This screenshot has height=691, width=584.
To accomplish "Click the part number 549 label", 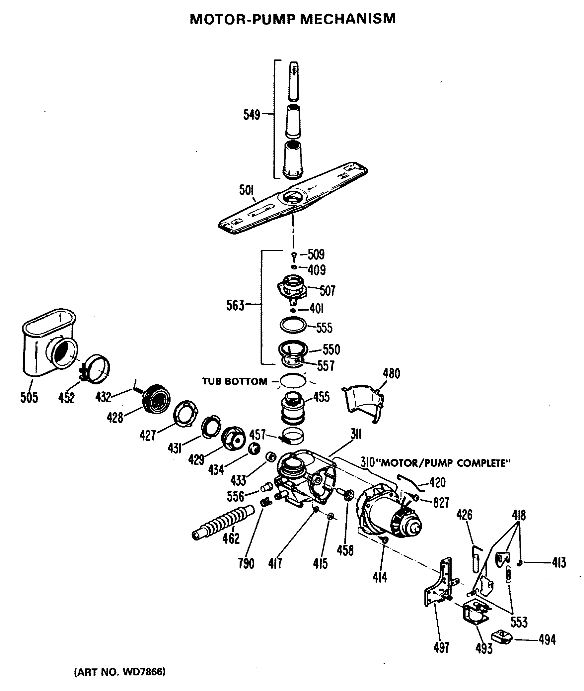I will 252,115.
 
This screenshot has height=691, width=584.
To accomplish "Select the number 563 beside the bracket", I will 235,305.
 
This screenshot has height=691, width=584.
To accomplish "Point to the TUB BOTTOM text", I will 235,381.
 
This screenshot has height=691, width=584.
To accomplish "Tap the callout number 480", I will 391,374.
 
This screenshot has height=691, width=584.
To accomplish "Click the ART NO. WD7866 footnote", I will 119,672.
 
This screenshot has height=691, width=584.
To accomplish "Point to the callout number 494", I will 547,640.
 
